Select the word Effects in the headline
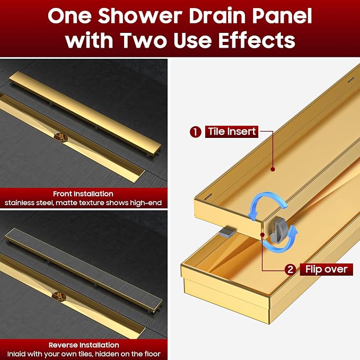[x=257, y=40]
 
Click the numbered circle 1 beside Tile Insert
[x=196, y=132]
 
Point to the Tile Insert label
[x=232, y=132]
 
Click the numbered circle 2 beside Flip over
[x=291, y=269]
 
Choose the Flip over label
[x=326, y=269]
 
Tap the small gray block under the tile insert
[x=227, y=233]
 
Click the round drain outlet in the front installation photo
[x=61, y=137]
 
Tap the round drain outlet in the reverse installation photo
[x=59, y=296]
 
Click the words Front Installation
[x=83, y=194]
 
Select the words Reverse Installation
[x=84, y=345]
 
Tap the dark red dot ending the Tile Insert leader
[x=273, y=169]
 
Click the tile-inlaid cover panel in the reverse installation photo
[x=84, y=268]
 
